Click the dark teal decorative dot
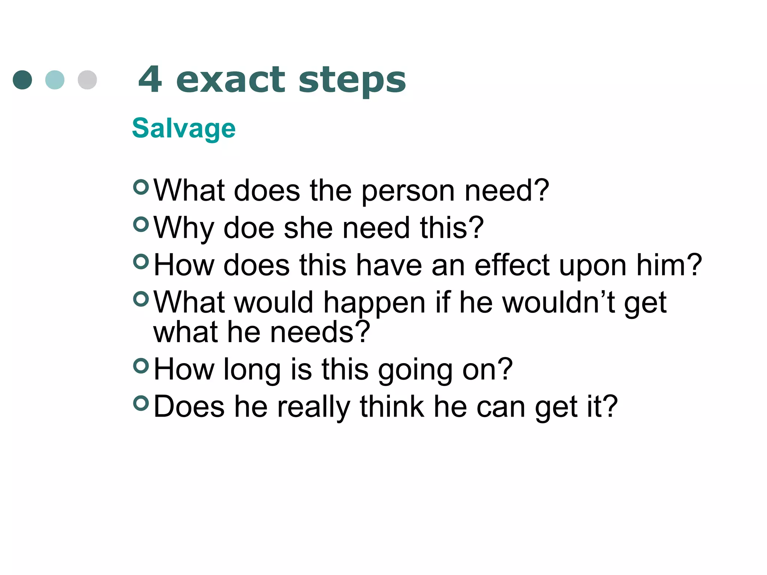(x=22, y=80)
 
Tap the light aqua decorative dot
(x=55, y=80)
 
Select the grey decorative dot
(x=87, y=80)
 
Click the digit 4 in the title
(x=151, y=79)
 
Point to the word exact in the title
(x=230, y=80)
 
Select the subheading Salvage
(x=184, y=128)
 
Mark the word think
(x=392, y=407)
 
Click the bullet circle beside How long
(x=141, y=366)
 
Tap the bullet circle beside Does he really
(x=141, y=403)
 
